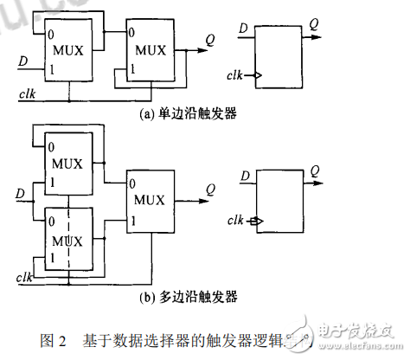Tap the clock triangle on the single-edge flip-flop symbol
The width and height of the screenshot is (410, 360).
pos(258,76)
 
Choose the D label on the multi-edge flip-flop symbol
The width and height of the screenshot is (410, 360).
pos(245,177)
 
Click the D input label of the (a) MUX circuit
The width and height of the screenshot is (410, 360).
pos(23,61)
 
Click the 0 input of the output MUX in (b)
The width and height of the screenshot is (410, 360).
pos(131,183)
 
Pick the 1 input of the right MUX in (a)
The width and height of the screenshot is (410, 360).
pos(131,68)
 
